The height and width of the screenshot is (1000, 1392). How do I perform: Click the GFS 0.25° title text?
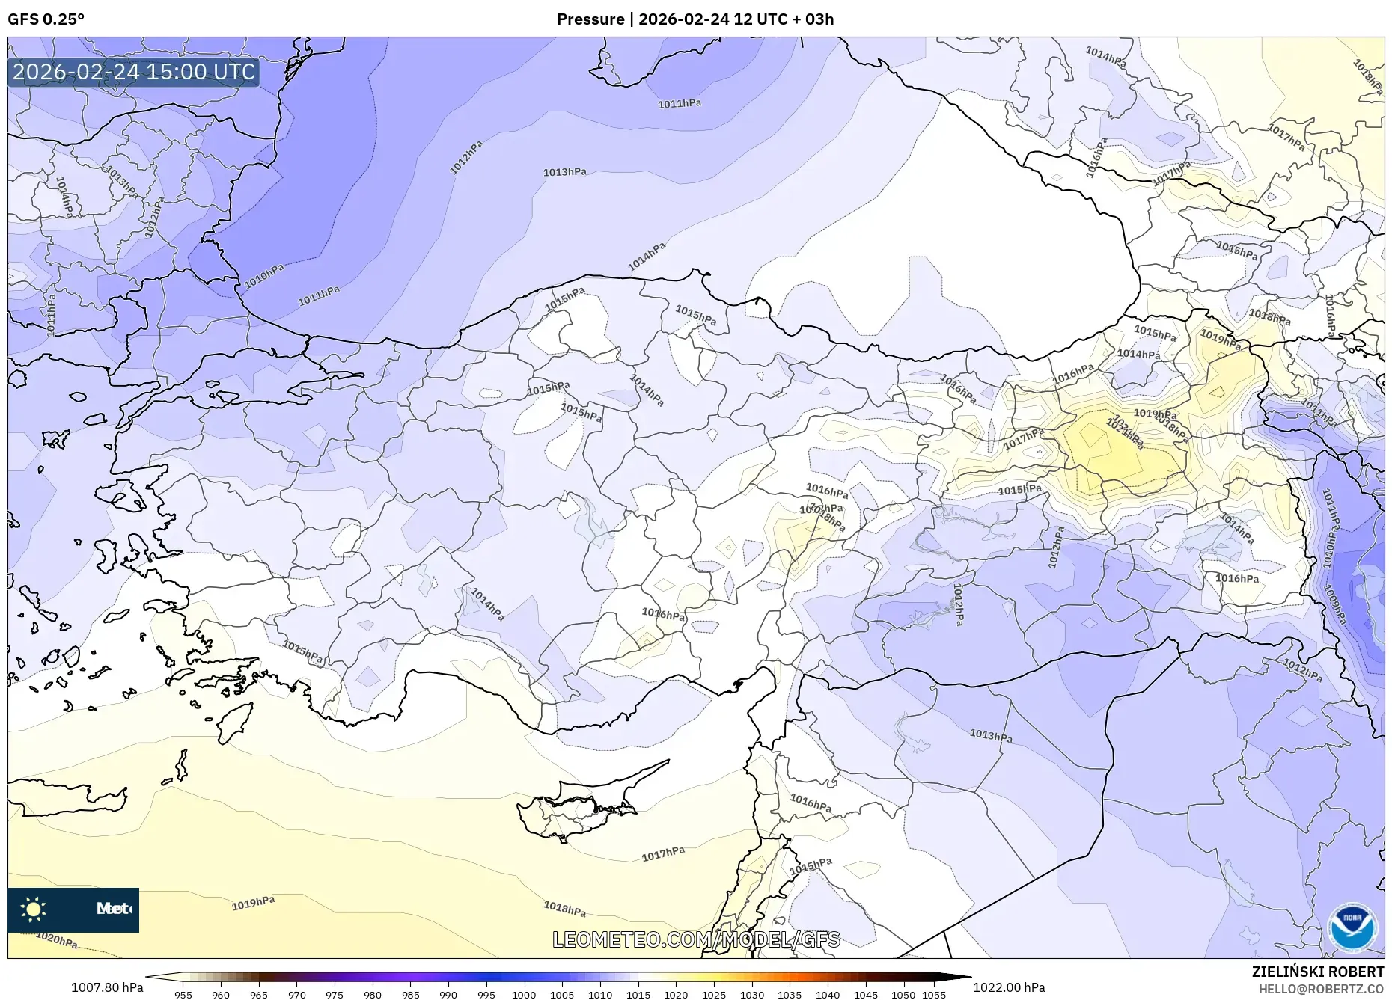pos(46,19)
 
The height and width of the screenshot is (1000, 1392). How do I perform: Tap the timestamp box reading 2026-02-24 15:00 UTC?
pos(134,72)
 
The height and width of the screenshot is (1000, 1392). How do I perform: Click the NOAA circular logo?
pos(1352,928)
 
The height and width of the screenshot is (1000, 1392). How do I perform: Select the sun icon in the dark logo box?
pos(34,909)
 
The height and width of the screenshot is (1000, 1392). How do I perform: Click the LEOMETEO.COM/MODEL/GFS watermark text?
pos(696,939)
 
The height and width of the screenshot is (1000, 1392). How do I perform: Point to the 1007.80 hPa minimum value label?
pos(107,987)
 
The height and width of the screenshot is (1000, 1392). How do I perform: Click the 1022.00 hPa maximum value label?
pos(1009,987)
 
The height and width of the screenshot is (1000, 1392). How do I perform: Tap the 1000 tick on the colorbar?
pos(524,995)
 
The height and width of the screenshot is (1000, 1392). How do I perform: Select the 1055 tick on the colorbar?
pos(934,995)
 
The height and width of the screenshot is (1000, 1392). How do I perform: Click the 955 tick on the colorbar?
pos(183,995)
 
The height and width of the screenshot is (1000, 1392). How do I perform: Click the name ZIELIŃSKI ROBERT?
pos(1317,972)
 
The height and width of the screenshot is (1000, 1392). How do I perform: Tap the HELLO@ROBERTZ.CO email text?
pos(1320,989)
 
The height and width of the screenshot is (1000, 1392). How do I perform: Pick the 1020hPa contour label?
pos(57,940)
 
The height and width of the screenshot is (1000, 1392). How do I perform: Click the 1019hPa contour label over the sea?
pos(253,904)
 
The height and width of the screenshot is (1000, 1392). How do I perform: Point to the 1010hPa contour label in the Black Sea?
pos(264,277)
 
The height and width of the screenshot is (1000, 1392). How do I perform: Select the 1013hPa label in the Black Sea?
pos(564,172)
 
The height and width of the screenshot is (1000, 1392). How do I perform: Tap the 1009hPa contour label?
pos(1334,604)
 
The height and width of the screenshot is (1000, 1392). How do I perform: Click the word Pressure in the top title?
pos(590,19)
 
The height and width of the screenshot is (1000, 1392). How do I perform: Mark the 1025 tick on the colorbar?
pos(714,995)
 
